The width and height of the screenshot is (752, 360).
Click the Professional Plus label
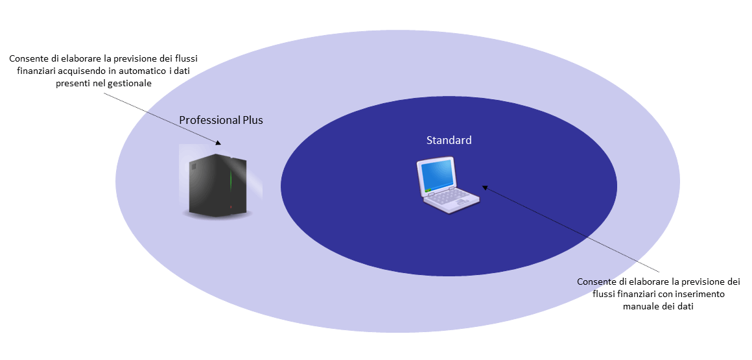point(221,120)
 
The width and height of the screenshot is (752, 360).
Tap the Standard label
point(449,140)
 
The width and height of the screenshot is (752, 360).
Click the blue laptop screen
point(437,174)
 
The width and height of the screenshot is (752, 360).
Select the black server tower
point(218,184)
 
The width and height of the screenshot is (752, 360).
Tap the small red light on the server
point(231,207)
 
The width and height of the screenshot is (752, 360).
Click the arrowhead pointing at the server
point(218,142)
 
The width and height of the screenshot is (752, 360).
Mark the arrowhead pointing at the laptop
point(485,187)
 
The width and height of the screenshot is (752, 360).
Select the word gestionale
point(132,83)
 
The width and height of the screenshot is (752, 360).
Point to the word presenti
point(70,83)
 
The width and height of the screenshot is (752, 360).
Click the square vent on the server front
point(193,166)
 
